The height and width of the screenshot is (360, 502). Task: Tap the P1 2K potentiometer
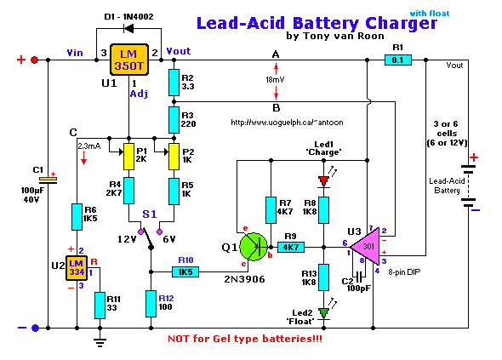[128, 157]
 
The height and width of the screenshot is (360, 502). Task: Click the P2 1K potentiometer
[174, 157]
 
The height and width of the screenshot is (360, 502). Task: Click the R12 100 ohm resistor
[150, 302]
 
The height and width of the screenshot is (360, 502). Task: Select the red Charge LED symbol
[323, 180]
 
